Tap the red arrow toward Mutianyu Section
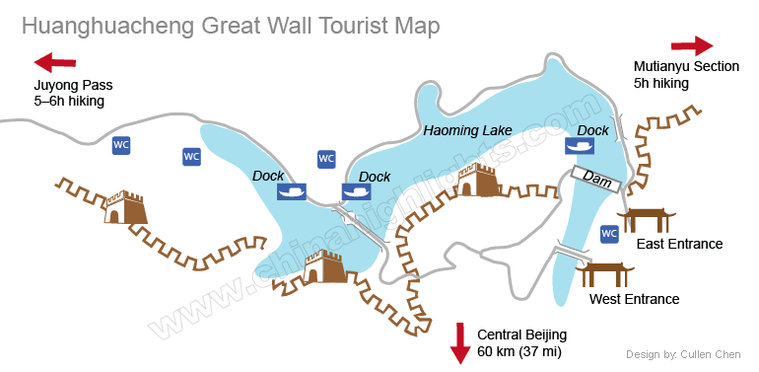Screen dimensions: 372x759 692,45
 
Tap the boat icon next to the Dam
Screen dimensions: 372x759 580,146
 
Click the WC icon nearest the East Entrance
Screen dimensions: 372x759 609,234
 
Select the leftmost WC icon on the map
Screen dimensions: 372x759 121,145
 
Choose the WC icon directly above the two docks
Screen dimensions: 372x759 326,159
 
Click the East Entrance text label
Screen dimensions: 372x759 680,244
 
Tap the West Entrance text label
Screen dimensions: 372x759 634,299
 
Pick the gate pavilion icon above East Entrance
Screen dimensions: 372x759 648,220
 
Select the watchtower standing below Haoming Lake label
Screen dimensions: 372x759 478,182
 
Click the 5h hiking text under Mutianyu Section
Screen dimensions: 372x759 661,84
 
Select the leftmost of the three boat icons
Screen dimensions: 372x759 293,191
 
